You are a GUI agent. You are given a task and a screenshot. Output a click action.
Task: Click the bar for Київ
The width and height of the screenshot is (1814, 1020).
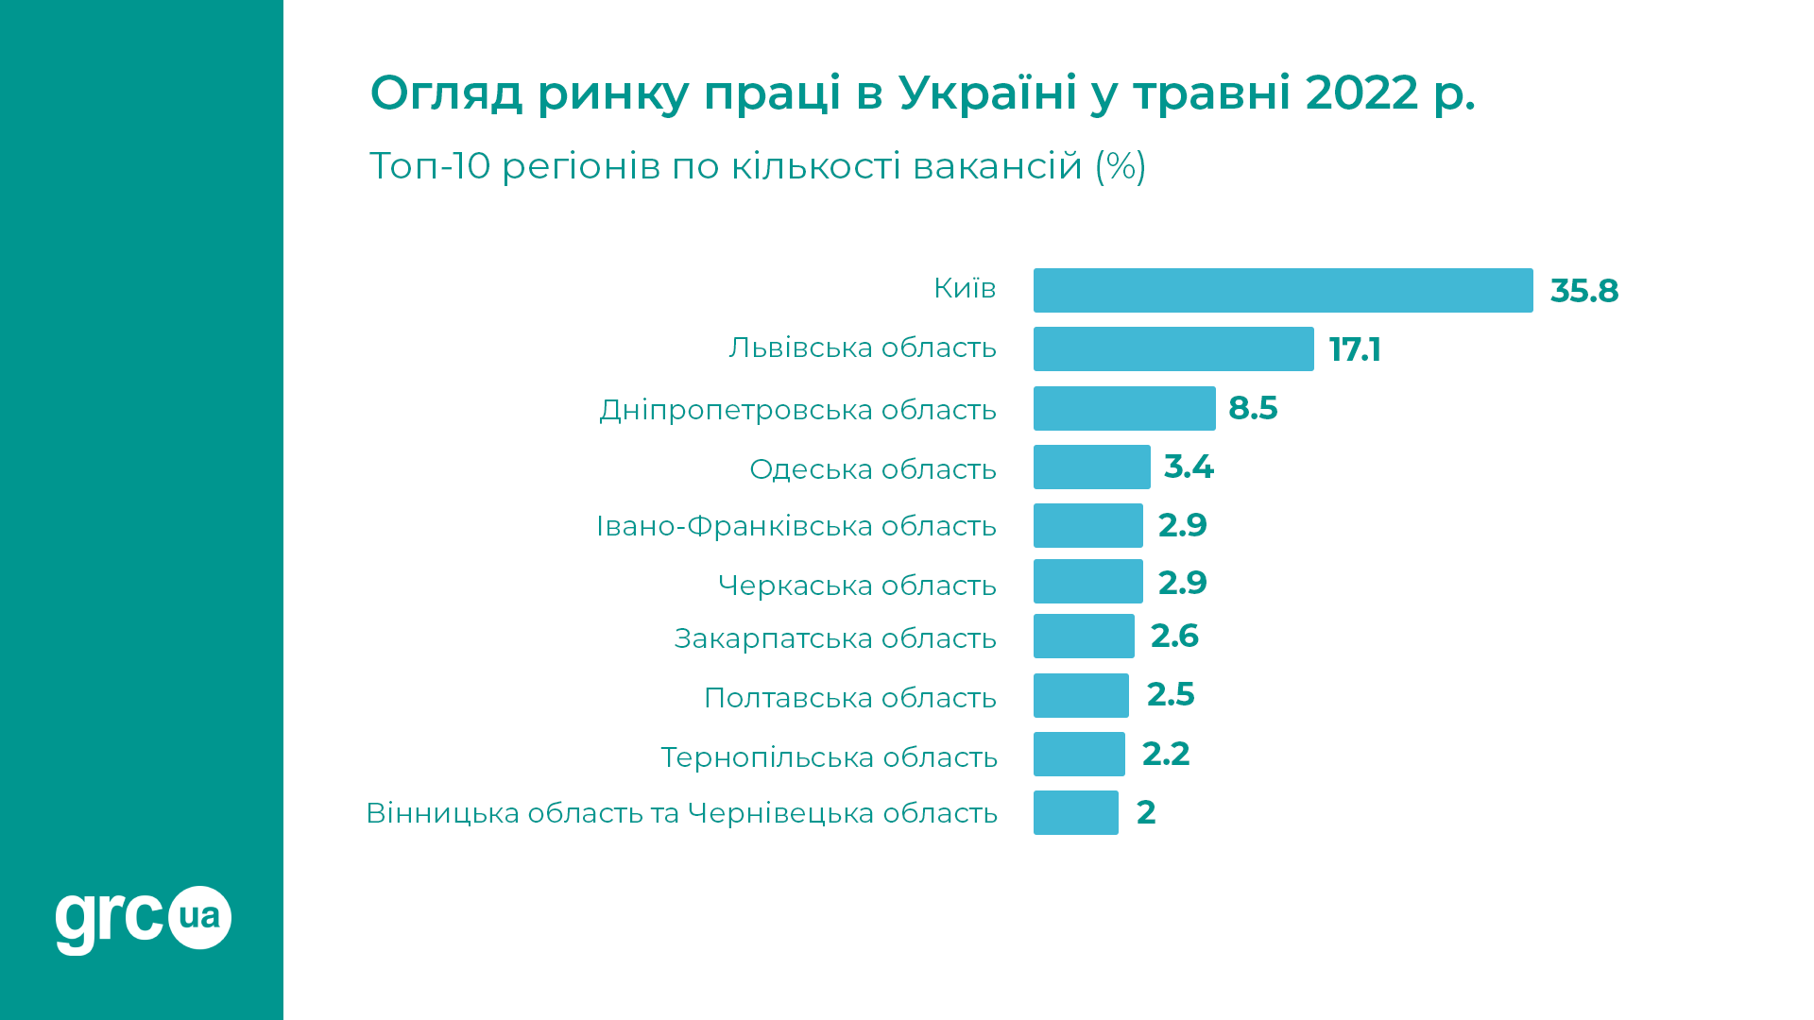tap(1282, 290)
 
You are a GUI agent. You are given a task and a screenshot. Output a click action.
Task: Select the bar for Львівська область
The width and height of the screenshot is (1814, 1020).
tap(1172, 348)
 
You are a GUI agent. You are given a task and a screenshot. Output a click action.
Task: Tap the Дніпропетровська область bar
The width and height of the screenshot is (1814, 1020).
tap(1123, 408)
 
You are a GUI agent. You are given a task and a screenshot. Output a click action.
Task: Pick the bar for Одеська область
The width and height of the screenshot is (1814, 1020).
tap(1091, 467)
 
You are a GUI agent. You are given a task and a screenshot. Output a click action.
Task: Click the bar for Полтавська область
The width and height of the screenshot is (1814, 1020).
tap(1081, 695)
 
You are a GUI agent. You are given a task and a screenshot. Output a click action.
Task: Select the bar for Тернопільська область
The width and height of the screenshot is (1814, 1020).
tap(1079, 754)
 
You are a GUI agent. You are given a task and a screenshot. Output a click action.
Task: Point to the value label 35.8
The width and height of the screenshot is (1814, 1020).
tap(1583, 291)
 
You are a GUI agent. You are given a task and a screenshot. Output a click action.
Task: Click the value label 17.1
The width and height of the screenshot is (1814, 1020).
tap(1354, 349)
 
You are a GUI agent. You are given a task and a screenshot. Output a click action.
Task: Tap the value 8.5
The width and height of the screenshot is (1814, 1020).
tap(1253, 408)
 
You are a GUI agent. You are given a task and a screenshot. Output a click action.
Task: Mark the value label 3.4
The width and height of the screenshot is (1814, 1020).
tap(1189, 467)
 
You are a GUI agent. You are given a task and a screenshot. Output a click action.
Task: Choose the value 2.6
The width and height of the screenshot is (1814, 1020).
tap(1174, 636)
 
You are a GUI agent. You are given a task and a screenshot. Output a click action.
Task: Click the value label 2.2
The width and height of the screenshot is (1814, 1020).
tap(1165, 754)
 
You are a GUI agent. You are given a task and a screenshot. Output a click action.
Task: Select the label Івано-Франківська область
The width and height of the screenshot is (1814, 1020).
tap(796, 526)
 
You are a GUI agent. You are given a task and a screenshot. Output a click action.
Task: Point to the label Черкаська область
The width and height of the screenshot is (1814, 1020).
tap(857, 586)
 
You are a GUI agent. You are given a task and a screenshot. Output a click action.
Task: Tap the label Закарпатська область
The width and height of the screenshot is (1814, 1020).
tap(835, 638)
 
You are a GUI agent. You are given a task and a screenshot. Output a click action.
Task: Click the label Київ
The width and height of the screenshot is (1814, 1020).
tap(965, 288)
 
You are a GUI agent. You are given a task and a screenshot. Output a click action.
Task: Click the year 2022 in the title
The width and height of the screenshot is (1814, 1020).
tap(1361, 93)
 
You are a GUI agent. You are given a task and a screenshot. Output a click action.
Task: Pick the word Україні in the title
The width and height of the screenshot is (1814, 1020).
tap(987, 93)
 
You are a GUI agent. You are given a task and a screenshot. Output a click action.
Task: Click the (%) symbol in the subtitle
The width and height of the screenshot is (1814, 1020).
tap(1121, 166)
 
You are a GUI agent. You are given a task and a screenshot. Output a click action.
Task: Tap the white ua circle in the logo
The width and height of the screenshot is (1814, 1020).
tap(199, 917)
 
